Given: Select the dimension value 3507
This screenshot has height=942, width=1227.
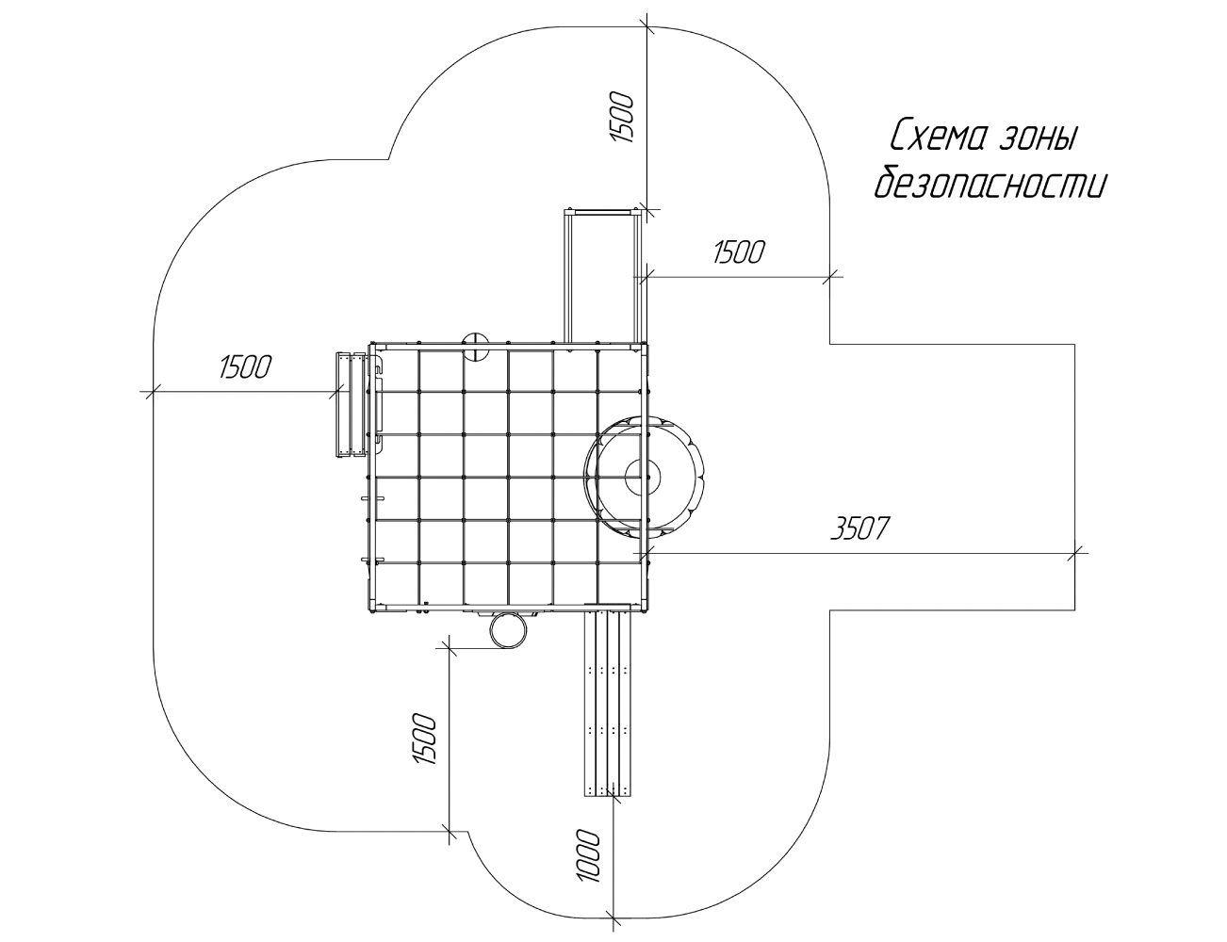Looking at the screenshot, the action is [860, 528].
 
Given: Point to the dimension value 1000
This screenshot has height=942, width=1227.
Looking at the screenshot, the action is [588, 855].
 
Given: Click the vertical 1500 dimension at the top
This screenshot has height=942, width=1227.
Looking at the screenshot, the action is [622, 117].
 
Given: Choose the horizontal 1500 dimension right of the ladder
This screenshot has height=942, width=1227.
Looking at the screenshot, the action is [739, 252].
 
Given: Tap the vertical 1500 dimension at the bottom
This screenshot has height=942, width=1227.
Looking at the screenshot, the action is [425, 739].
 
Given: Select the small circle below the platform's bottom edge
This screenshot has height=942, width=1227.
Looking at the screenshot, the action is [508, 630].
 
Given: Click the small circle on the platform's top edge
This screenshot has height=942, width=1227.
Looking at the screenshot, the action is [476, 347].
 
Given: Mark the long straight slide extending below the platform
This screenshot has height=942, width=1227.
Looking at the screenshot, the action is [607, 699].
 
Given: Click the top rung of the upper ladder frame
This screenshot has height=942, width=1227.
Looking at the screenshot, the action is [605, 212].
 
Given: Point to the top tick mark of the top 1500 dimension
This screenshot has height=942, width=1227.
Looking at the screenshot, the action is [647, 26].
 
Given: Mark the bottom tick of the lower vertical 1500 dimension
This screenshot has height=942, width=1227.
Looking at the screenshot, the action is [449, 831].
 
